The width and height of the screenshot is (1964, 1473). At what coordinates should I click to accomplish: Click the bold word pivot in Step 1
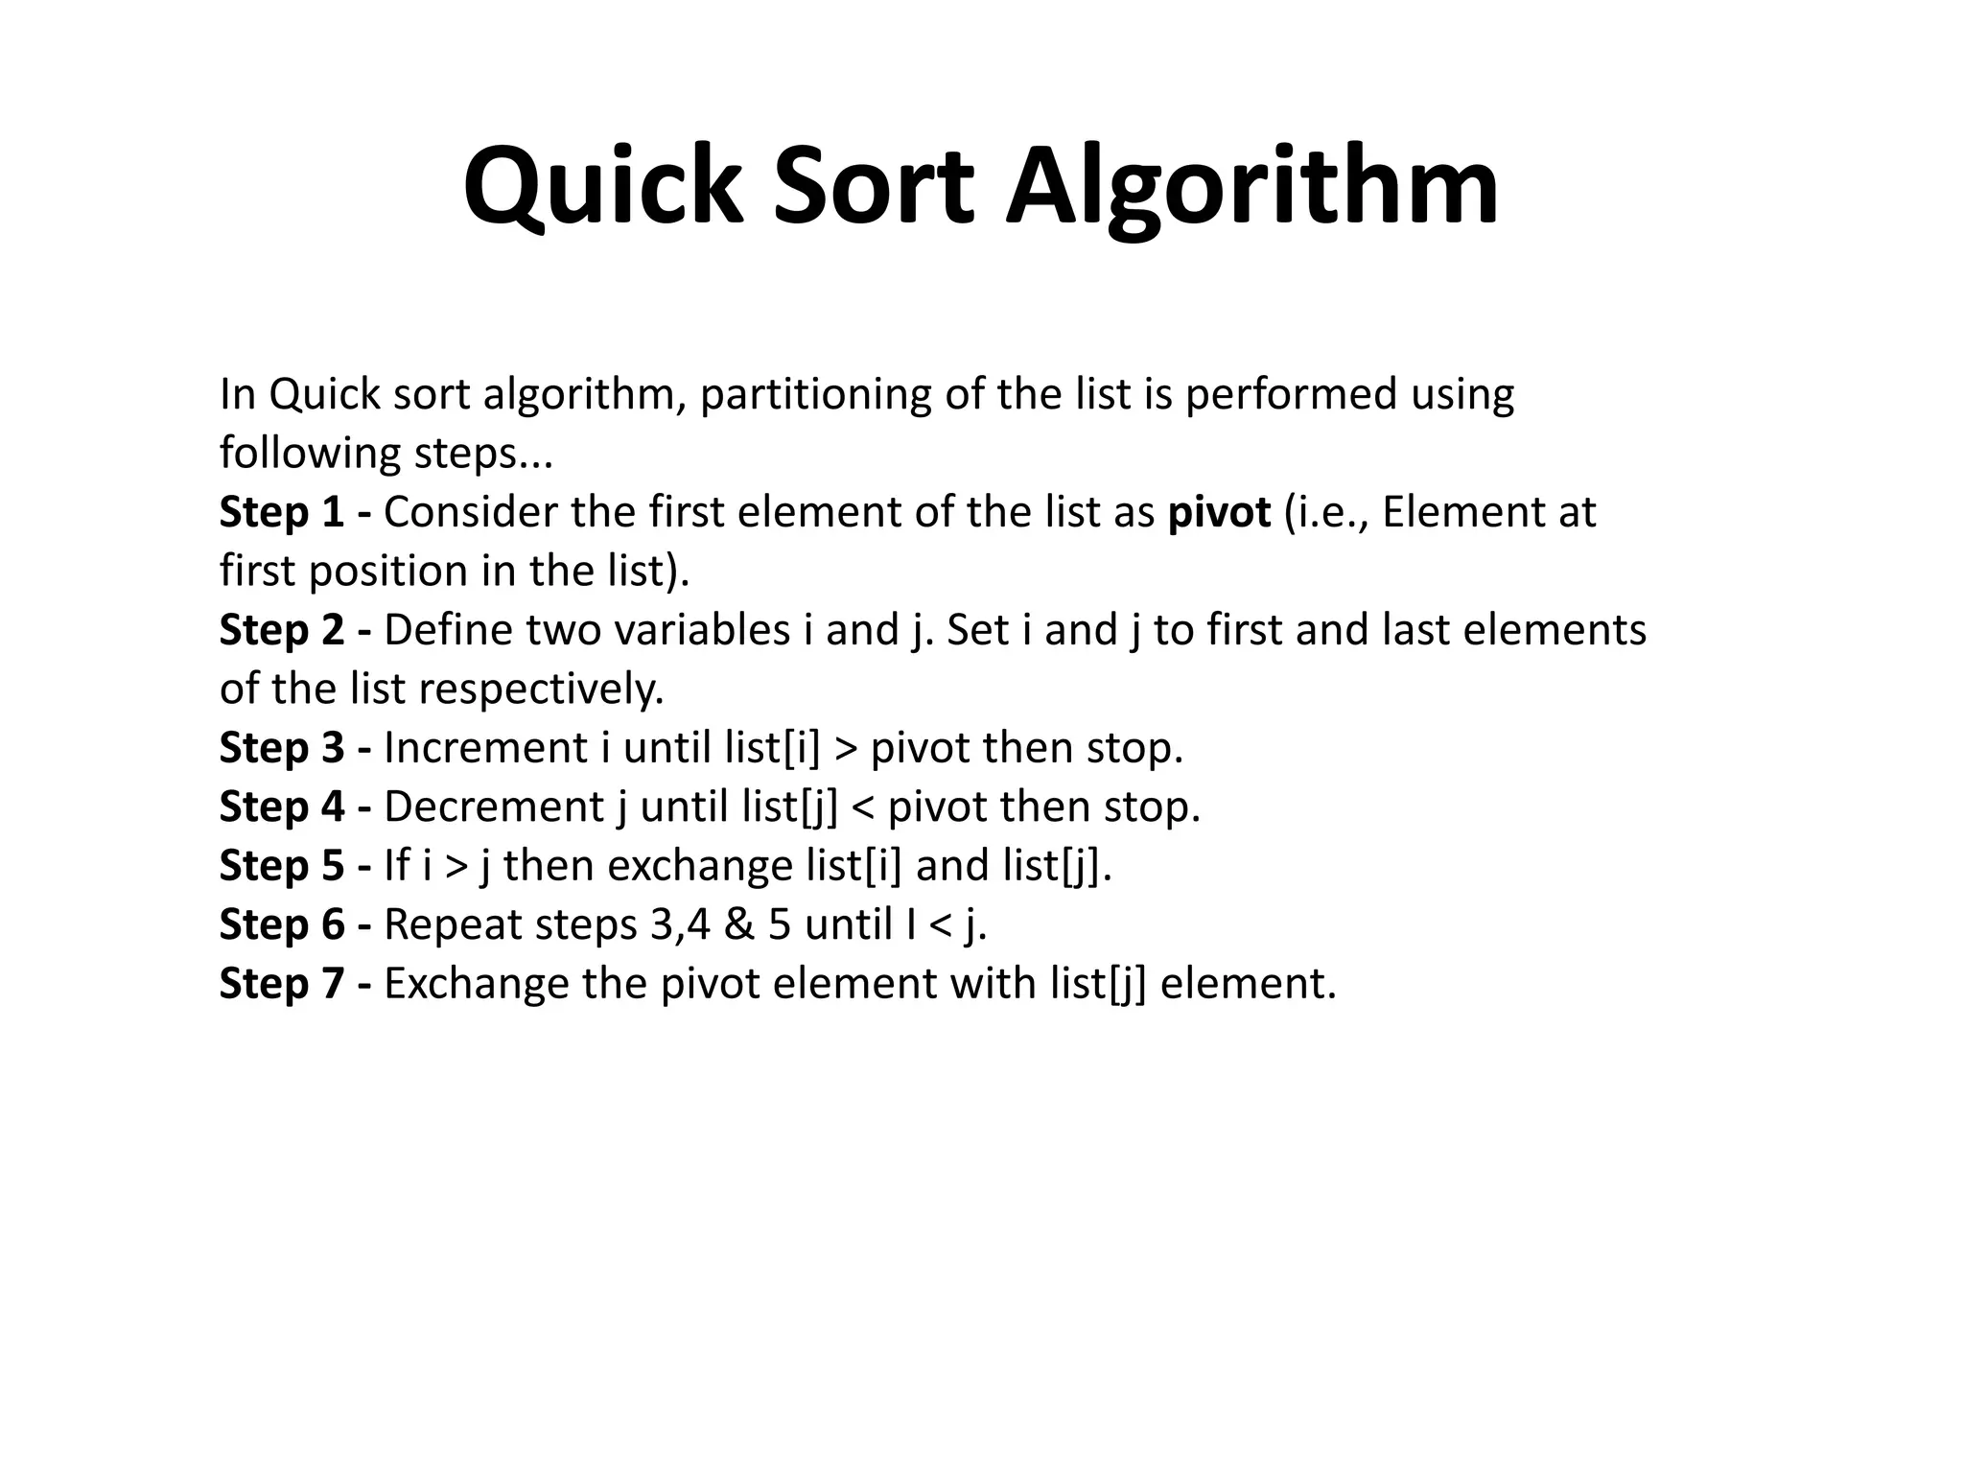click(1219, 514)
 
